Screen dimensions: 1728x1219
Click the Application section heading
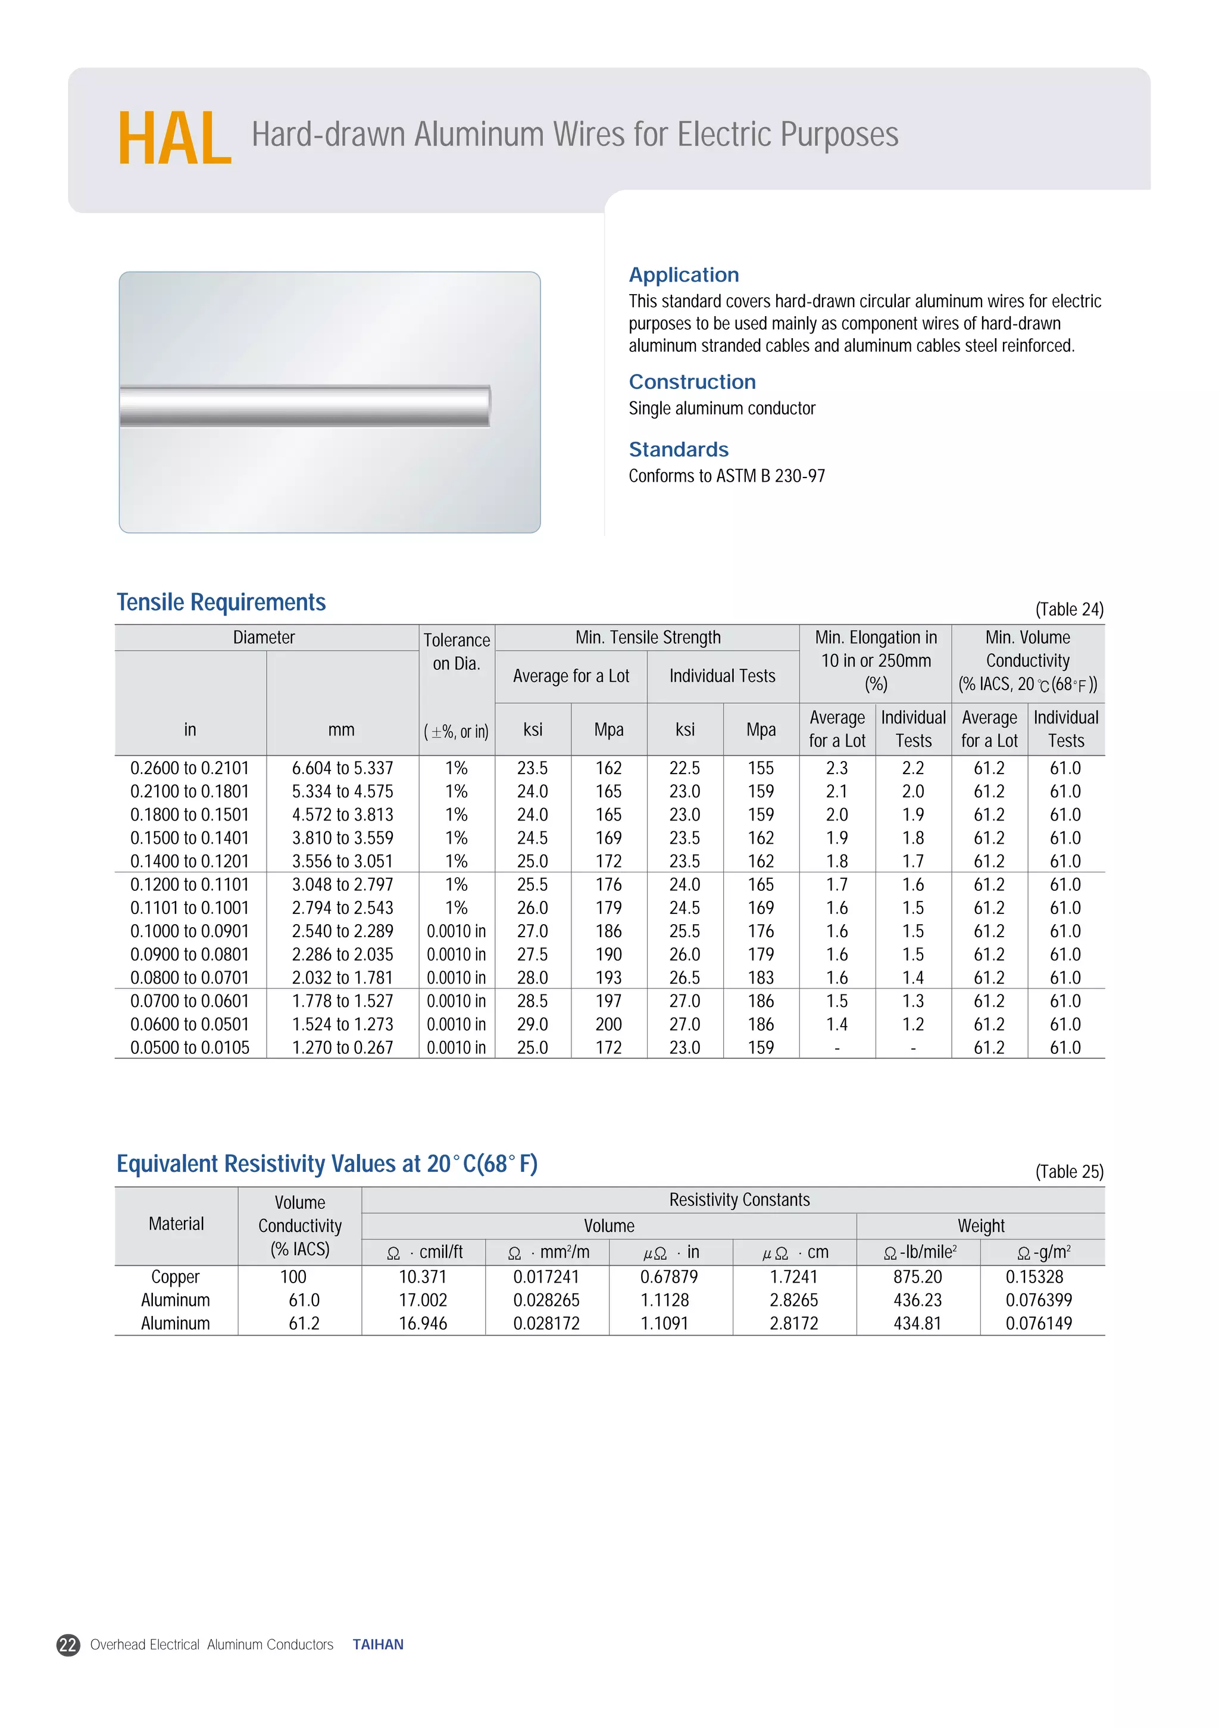pyautogui.click(x=683, y=275)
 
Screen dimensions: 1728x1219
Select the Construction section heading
pyautogui.click(x=692, y=382)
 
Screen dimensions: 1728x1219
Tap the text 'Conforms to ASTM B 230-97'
pyautogui.click(x=726, y=476)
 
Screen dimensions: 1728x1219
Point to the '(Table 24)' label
pyautogui.click(x=1068, y=609)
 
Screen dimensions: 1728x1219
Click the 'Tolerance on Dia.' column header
pyautogui.click(x=456, y=652)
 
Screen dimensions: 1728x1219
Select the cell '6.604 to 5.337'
pyautogui.click(x=342, y=768)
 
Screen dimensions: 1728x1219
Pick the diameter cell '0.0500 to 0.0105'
pyautogui.click(x=190, y=1047)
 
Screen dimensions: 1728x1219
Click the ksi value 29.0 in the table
pyautogui.click(x=532, y=1024)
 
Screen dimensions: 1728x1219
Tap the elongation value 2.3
pyautogui.click(x=837, y=768)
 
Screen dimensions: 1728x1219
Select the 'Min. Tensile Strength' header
pyautogui.click(x=647, y=638)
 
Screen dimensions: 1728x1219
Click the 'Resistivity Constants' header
pyautogui.click(x=739, y=1200)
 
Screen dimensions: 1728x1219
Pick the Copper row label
pyautogui.click(x=176, y=1277)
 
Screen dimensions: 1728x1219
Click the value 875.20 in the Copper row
pyautogui.click(x=917, y=1277)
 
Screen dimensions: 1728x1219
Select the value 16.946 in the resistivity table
pyautogui.click(x=422, y=1323)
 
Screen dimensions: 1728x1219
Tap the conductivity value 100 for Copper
pyautogui.click(x=293, y=1277)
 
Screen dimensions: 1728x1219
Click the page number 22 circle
pyautogui.click(x=68, y=1645)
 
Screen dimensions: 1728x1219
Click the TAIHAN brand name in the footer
pyautogui.click(x=378, y=1645)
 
